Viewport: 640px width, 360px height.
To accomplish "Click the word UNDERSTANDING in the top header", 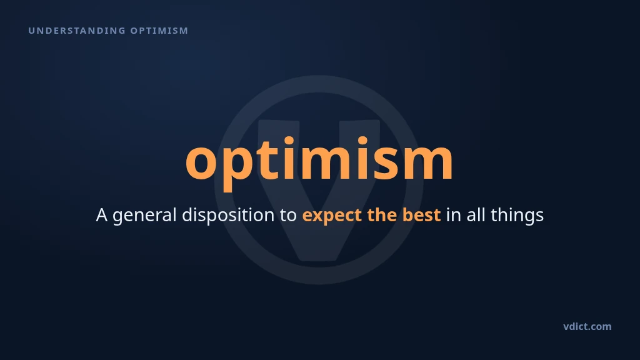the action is click(77, 31).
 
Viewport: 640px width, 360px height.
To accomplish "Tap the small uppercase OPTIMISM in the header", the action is click(159, 31).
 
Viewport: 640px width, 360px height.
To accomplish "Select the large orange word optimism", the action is click(319, 160).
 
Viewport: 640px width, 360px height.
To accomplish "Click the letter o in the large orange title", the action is click(201, 162).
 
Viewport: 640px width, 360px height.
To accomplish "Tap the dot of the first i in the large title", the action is click(289, 141).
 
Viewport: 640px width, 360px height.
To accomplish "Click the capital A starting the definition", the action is click(102, 215).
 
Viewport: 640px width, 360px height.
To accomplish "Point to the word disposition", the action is click(228, 216).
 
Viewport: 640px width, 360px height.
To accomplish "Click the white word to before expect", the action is click(288, 216).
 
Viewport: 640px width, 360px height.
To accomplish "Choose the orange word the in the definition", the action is click(382, 215).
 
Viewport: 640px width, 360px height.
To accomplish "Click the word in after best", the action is click(454, 215).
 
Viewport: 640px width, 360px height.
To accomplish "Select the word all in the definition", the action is click(476, 215).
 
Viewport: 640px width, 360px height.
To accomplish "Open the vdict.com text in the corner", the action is click(587, 326).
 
